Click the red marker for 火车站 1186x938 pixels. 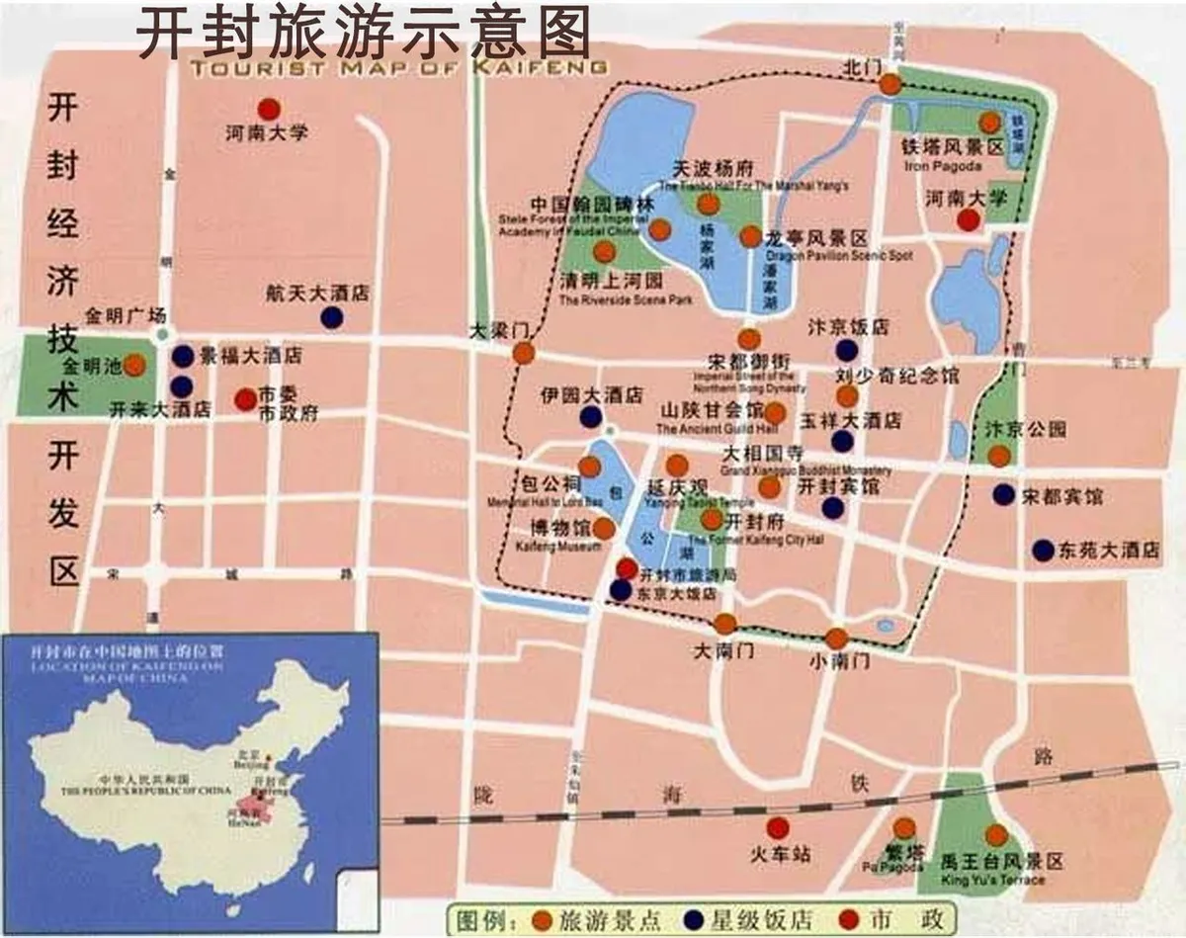pos(779,827)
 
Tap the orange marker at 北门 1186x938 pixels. pos(890,86)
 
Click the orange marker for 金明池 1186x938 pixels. pos(135,365)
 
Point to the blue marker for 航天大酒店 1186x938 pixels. pos(332,317)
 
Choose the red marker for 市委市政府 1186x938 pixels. pos(244,399)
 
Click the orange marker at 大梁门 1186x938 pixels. pos(524,353)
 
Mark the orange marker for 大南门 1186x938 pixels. pos(725,624)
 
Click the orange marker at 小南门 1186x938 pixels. pos(837,639)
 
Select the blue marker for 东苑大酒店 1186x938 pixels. pos(1043,551)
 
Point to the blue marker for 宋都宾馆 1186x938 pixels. pos(1003,493)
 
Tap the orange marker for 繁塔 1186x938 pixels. pos(904,828)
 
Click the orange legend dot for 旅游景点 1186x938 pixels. pos(543,919)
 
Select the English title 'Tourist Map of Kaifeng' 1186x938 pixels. pos(397,68)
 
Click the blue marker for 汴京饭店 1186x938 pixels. pos(847,350)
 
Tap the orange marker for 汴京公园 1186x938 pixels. pos(999,456)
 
